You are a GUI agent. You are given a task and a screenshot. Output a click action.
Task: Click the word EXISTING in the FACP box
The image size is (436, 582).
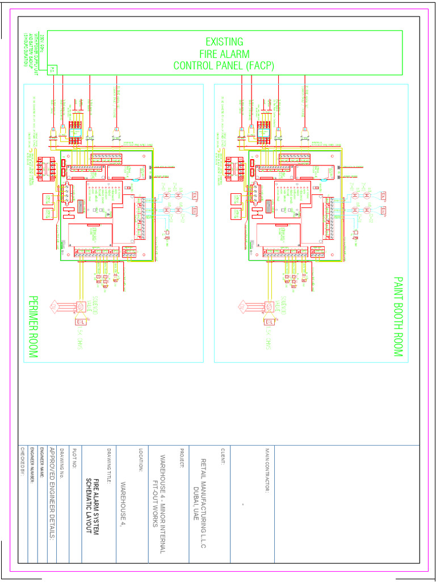224,41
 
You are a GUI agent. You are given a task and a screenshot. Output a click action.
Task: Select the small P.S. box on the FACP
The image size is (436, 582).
52,69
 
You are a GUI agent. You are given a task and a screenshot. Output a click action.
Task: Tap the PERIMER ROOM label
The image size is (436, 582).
33,327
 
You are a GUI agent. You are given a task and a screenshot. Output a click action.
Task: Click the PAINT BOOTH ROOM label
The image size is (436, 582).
398,317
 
